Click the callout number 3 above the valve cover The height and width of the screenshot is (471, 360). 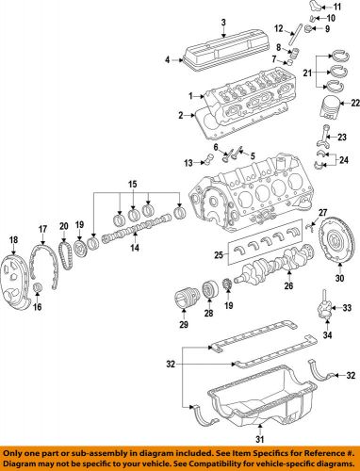[222, 23]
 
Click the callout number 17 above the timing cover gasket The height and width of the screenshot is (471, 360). [41, 229]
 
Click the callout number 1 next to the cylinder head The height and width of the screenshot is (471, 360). [189, 96]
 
